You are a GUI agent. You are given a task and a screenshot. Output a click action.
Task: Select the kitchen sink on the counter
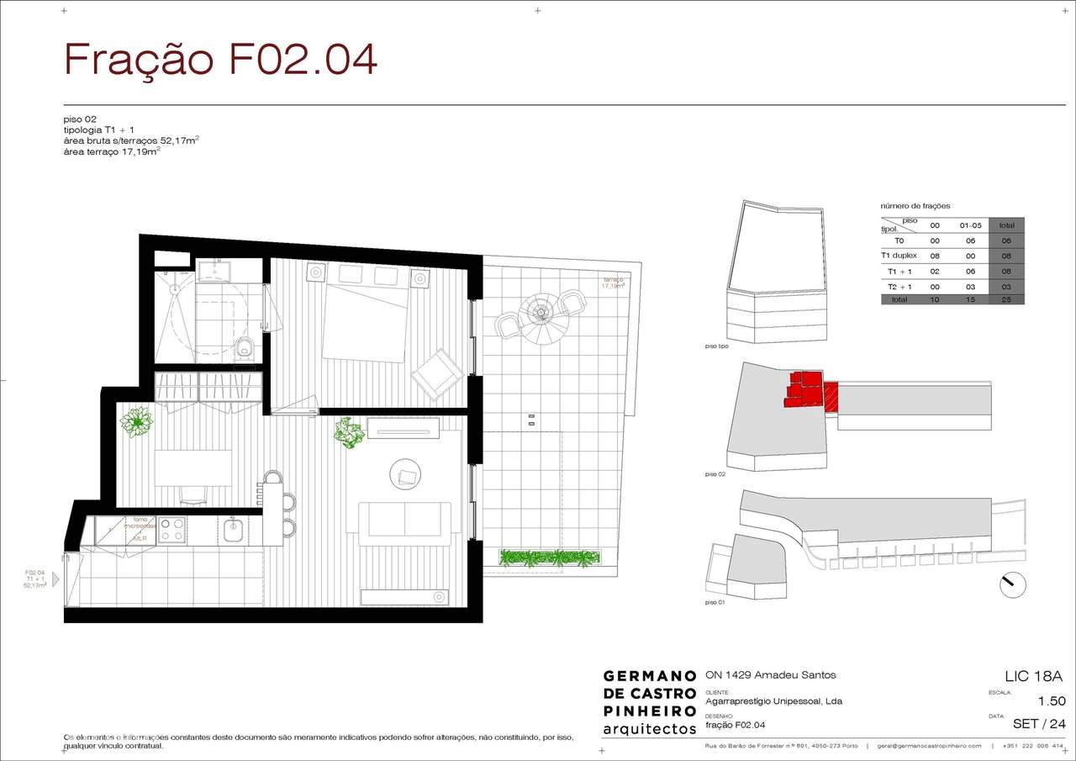pos(235,530)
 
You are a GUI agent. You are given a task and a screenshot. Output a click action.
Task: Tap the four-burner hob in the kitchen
pos(172,530)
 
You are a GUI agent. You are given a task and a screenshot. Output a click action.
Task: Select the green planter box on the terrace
pos(551,557)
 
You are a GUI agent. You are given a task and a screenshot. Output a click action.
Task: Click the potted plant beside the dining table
pos(134,420)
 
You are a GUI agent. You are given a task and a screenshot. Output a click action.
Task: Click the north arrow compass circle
pos(1013,584)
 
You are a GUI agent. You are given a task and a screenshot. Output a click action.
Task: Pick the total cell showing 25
pos(1006,299)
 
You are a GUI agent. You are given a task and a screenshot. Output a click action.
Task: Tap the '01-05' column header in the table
pos(969,225)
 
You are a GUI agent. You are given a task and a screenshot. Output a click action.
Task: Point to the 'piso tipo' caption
pos(717,346)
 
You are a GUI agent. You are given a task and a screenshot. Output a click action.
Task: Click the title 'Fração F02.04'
pos(221,59)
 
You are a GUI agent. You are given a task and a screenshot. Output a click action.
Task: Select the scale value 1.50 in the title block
pos(1051,701)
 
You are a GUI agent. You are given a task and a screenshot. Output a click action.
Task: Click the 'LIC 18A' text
pos(1034,676)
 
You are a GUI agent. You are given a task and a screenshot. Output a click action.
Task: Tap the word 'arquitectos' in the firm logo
pos(650,728)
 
